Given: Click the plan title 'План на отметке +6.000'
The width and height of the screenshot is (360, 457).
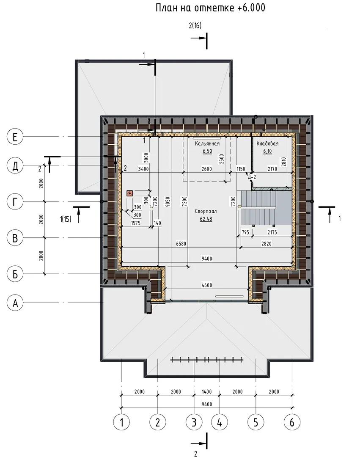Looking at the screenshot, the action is [210, 8].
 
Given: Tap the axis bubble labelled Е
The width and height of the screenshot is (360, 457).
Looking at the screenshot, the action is [15, 136].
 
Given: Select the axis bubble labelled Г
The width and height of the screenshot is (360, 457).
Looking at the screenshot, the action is [15, 202].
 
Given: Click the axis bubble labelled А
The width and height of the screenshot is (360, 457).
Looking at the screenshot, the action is [15, 303].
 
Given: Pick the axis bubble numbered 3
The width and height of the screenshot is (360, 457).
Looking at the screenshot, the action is [194, 422].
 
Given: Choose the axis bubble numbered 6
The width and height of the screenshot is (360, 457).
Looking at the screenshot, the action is [292, 422].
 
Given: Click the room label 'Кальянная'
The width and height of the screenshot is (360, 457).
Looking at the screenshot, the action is [207, 143].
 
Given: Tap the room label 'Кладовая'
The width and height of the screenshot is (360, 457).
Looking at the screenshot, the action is [267, 143].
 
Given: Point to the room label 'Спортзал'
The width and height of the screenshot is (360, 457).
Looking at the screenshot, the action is [206, 211].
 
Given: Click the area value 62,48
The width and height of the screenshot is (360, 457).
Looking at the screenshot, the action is [206, 219].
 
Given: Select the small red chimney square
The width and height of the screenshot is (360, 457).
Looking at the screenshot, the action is [129, 193].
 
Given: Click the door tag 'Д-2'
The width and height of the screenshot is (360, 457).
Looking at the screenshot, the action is [252, 176].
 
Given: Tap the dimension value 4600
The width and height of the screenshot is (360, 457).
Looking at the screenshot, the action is [207, 285].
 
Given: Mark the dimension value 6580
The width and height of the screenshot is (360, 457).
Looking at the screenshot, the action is [181, 244].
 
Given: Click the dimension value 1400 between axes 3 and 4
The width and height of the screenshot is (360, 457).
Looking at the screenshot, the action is [207, 392].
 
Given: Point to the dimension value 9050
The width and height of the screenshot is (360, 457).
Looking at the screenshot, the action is [168, 202].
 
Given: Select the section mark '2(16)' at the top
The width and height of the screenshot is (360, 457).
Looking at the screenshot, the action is [195, 26].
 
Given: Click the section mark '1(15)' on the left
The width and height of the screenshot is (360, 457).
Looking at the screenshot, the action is [66, 219].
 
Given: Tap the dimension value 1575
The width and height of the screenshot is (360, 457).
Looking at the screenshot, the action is [136, 223].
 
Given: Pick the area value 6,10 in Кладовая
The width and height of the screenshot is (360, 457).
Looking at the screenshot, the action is [267, 151].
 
